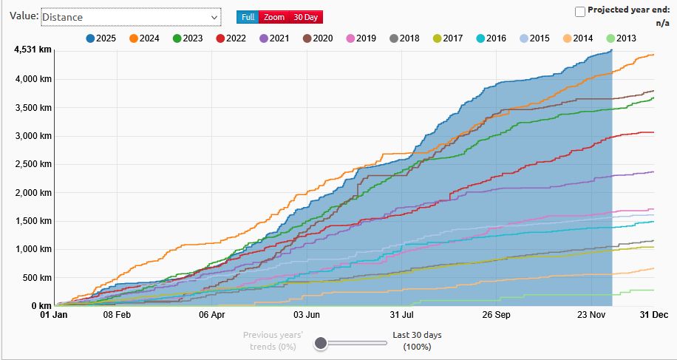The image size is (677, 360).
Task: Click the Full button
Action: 248,17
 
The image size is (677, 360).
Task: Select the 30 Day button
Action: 305,17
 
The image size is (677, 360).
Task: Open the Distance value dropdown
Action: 131,17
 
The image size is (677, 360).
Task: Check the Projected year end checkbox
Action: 580,11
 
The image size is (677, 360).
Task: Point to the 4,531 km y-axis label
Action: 32,50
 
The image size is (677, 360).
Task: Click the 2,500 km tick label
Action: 31,164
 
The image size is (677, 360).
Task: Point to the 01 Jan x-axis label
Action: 53,315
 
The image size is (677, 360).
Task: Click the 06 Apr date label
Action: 212,315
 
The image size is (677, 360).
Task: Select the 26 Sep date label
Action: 497,315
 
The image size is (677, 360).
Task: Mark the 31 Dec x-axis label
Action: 654,315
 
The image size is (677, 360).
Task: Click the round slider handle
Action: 321,342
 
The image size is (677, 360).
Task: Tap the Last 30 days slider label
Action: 418,340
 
